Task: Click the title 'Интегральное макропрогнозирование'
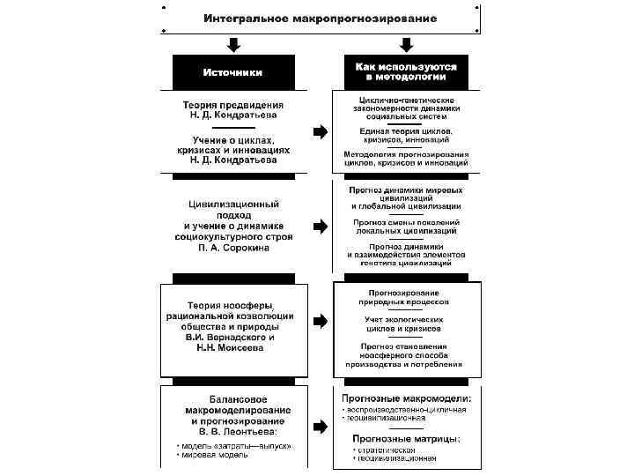click(320, 19)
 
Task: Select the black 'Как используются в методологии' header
click(406, 71)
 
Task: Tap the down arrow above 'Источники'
click(233, 44)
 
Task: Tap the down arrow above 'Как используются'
click(406, 44)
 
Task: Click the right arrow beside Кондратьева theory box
click(320, 132)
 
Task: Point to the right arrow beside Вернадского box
click(320, 321)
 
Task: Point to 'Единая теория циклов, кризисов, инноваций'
click(406, 135)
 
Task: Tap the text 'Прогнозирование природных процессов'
click(406, 297)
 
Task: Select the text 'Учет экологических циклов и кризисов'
click(406, 324)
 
